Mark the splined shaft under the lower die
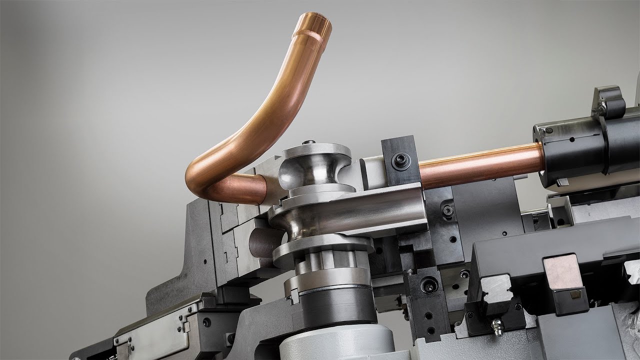coord(325,260)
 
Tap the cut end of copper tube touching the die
coord(262,189)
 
